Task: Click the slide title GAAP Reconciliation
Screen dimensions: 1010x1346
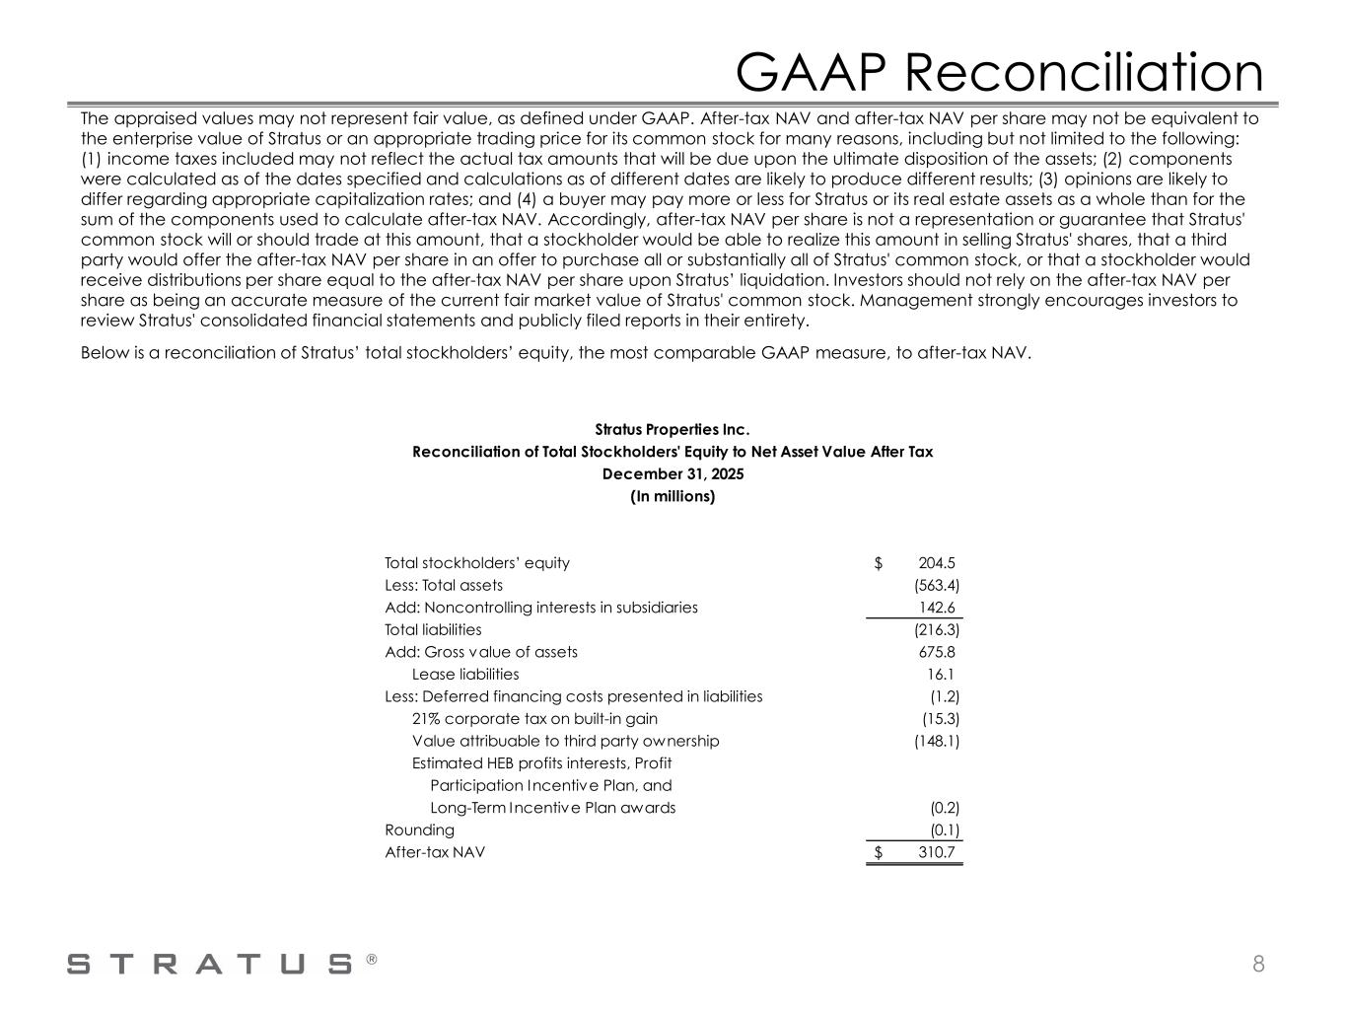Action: pos(999,72)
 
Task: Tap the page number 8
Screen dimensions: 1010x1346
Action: pos(1258,964)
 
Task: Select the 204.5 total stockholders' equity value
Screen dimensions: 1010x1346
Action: pos(936,563)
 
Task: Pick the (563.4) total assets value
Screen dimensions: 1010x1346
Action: pos(937,586)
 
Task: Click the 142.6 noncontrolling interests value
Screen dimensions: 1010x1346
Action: pos(939,608)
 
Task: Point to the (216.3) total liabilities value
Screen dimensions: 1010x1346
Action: pos(937,630)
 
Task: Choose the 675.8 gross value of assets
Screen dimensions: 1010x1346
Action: pos(937,652)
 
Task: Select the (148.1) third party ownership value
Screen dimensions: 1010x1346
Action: pos(937,741)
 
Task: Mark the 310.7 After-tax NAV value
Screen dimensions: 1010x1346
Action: pos(936,852)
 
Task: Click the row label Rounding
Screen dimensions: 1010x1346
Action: pos(419,830)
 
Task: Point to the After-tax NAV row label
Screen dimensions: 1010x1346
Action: pos(435,852)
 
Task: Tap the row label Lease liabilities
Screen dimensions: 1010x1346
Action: pos(464,675)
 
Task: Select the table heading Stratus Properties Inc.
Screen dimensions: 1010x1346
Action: pos(673,430)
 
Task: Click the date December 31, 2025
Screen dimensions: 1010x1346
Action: pos(673,474)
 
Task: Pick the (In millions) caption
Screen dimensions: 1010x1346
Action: pos(673,496)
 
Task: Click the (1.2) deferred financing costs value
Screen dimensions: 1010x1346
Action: pos(945,696)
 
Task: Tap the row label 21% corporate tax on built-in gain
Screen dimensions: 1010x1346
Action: pos(534,719)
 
